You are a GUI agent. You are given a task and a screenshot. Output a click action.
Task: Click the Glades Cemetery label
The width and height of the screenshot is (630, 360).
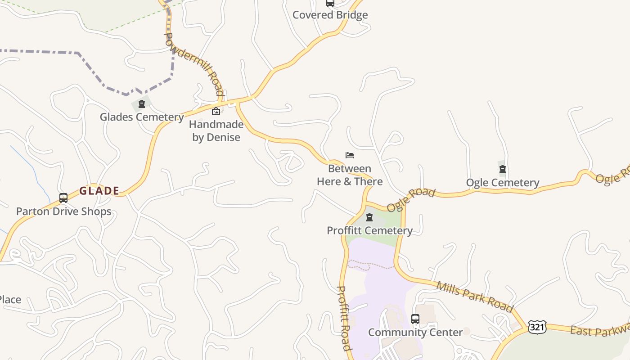[x=142, y=117]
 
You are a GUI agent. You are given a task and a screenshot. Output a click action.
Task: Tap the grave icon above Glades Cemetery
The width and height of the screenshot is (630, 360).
[x=142, y=104]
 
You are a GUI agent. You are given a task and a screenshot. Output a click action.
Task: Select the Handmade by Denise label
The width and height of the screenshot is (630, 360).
[x=216, y=131]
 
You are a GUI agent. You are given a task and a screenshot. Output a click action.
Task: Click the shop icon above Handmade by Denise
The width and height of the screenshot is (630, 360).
[x=216, y=111]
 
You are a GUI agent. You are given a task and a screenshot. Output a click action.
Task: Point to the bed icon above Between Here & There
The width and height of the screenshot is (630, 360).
[x=350, y=155]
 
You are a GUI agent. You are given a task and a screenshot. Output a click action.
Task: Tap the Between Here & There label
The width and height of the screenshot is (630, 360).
[x=350, y=175]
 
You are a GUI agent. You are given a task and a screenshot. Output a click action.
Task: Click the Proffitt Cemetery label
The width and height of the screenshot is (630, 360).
[x=369, y=230]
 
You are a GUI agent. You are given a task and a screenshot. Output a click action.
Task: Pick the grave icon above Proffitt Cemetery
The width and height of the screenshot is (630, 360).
[x=369, y=218]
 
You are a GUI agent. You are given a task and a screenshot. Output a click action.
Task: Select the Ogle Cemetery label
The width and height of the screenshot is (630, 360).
[x=503, y=182]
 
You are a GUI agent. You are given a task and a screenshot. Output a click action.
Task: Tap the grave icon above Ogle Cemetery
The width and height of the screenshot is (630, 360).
[x=503, y=169]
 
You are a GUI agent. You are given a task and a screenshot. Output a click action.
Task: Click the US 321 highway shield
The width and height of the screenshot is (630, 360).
[x=537, y=327]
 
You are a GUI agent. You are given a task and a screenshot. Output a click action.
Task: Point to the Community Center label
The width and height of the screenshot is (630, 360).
[x=415, y=332]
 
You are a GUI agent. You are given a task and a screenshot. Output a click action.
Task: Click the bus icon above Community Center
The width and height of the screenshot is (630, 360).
[x=415, y=319]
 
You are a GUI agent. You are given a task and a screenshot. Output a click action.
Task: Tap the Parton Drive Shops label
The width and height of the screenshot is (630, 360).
[x=63, y=211]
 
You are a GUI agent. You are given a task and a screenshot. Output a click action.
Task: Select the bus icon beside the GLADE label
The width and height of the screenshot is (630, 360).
[x=63, y=198]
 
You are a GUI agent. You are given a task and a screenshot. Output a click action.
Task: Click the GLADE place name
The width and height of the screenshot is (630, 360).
[x=99, y=191]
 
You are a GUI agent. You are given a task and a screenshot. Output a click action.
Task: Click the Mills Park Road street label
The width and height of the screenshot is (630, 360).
[x=475, y=297]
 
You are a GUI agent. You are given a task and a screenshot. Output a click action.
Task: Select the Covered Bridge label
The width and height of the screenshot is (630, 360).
[x=330, y=15]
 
